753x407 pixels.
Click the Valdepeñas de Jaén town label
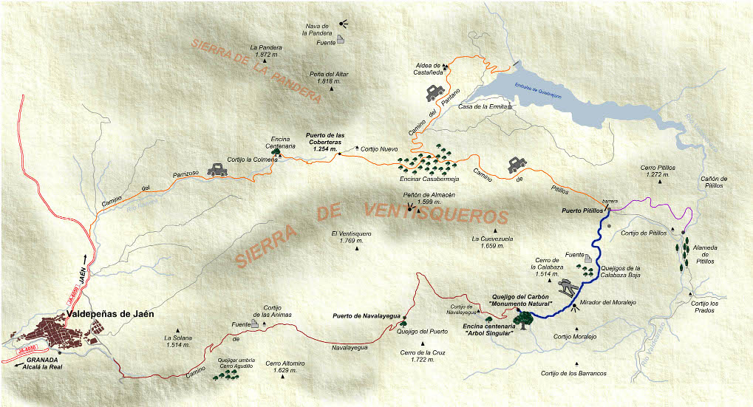tap(110, 313)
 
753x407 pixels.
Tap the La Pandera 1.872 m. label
tap(266, 51)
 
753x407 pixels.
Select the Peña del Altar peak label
tap(330, 78)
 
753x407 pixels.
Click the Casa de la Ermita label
tap(482, 106)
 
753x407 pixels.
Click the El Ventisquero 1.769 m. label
tap(351, 237)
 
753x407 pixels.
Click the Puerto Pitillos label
tap(580, 211)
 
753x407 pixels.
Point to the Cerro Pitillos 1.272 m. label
tap(658, 171)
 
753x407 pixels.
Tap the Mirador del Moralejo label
tap(609, 302)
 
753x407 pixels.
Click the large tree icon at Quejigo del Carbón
tap(523, 318)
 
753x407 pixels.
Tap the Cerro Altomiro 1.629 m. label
tap(284, 366)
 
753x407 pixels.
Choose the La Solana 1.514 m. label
tap(178, 341)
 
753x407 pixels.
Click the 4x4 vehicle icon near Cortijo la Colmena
tap(219, 169)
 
